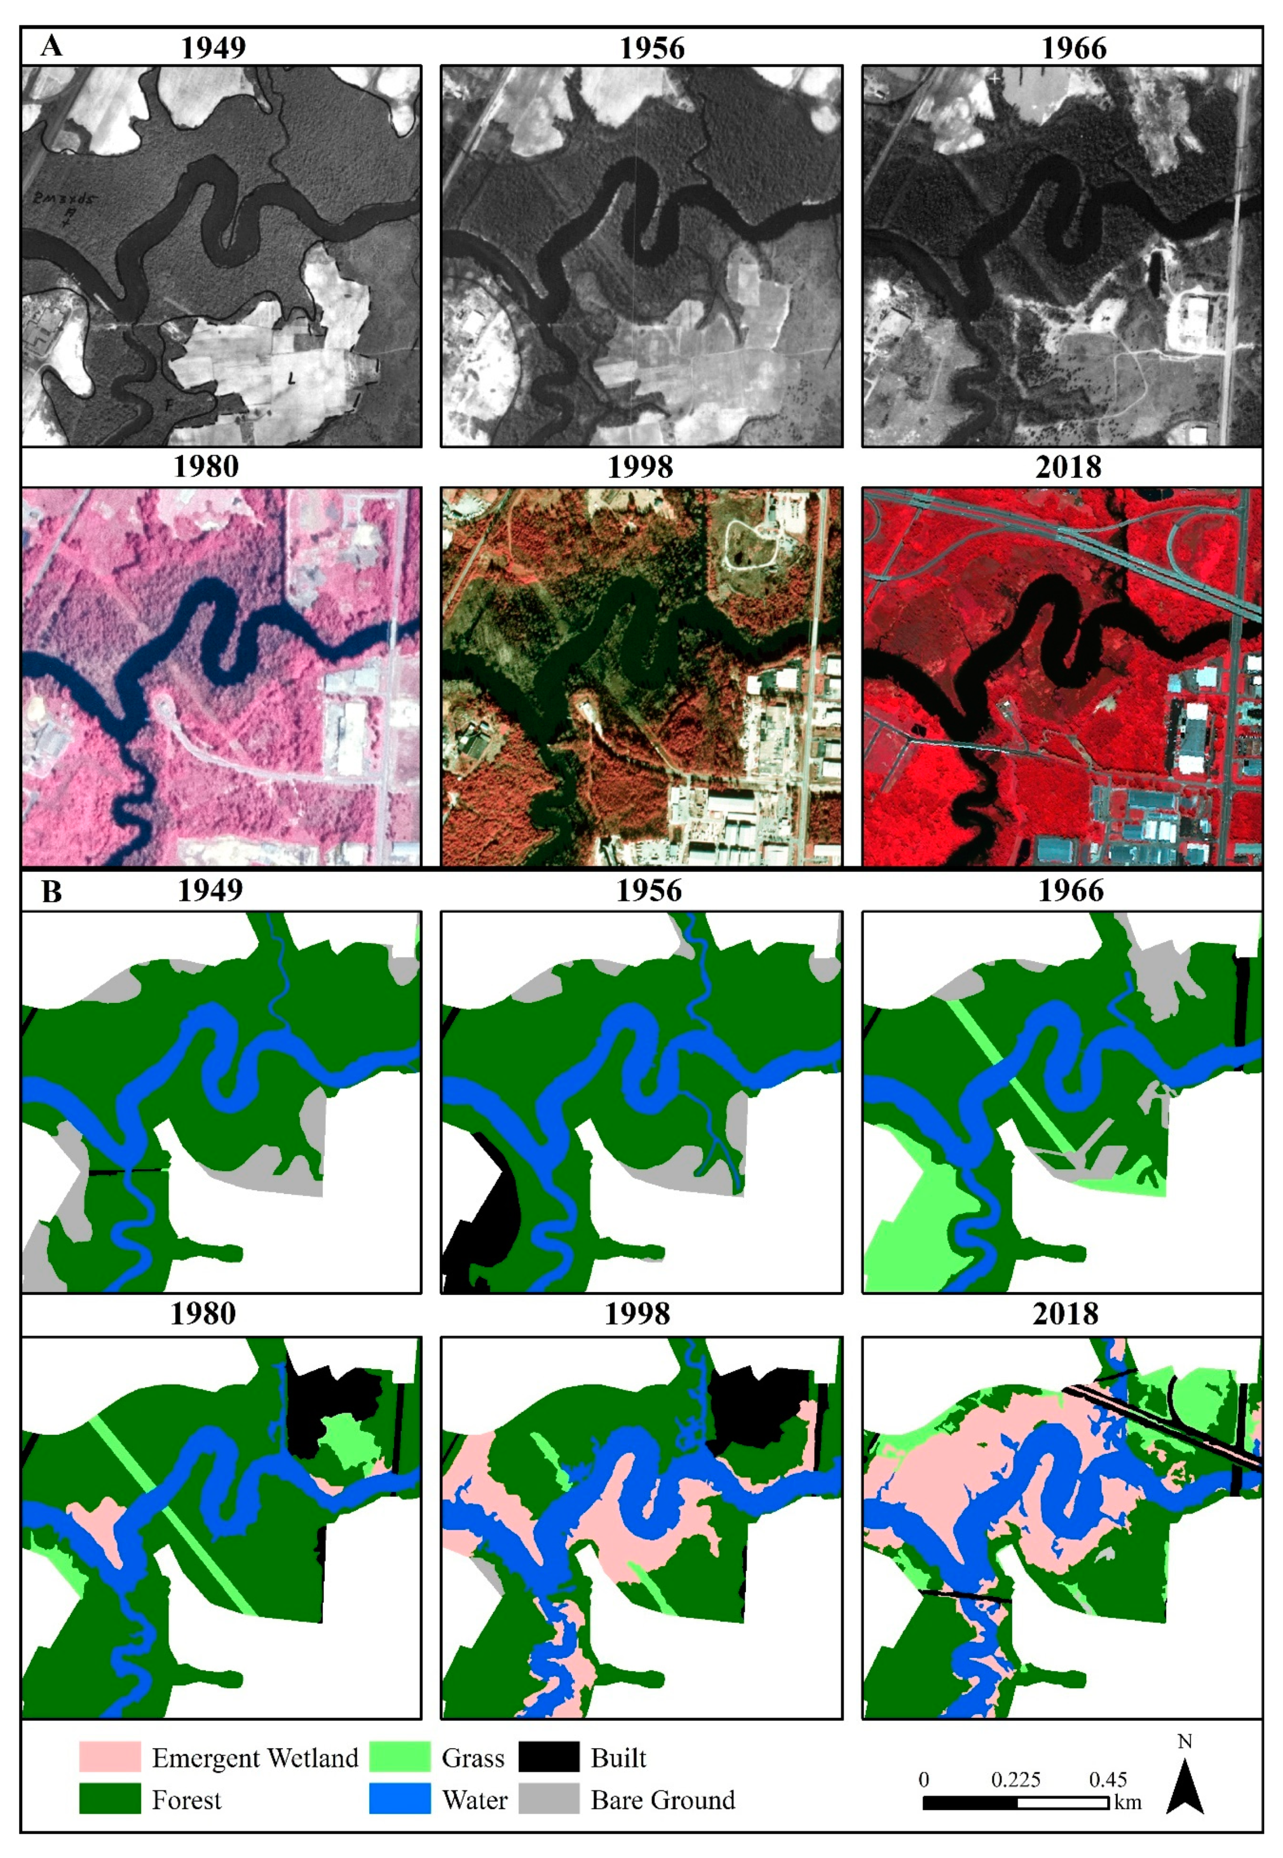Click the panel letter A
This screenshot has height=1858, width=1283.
[x=51, y=46]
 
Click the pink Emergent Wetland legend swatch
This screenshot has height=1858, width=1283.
[x=109, y=1758]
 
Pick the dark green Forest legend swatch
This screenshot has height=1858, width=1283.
[x=109, y=1799]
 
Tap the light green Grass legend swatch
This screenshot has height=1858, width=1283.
[x=400, y=1758]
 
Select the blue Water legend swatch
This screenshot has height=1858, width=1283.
[x=400, y=1799]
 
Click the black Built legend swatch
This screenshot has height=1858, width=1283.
[x=548, y=1758]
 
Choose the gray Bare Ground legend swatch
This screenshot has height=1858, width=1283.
[x=548, y=1799]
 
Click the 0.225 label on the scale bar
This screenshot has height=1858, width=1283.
[x=1015, y=1779]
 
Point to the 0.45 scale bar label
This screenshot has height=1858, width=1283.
[x=1108, y=1779]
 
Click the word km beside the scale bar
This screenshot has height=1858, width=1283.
[x=1128, y=1802]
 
